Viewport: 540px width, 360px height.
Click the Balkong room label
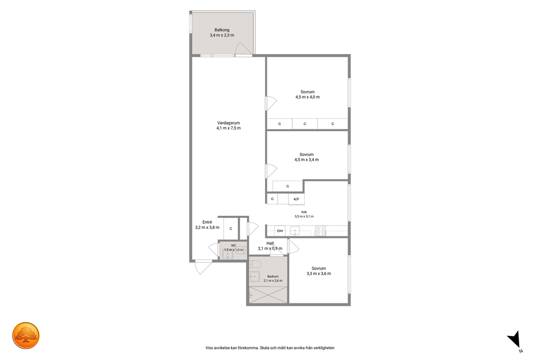(x=222, y=30)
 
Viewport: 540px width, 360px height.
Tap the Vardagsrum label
(x=228, y=123)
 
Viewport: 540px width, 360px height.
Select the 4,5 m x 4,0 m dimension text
(x=307, y=97)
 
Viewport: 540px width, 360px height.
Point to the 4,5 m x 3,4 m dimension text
(x=306, y=160)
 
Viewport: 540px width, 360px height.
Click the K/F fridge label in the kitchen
(x=297, y=199)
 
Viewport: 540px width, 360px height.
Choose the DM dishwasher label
(x=280, y=231)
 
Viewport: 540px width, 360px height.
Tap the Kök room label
(x=304, y=212)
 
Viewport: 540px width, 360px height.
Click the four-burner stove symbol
(x=321, y=230)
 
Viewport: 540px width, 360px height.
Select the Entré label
(x=207, y=222)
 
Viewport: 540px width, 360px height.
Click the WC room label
(x=234, y=246)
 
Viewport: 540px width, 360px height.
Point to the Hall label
(x=270, y=243)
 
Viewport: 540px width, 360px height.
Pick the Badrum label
(x=273, y=276)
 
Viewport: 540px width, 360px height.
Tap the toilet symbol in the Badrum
(x=255, y=264)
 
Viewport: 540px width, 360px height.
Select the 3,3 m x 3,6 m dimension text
(x=318, y=274)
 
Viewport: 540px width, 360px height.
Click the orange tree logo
(x=26, y=335)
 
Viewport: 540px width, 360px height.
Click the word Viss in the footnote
(x=209, y=348)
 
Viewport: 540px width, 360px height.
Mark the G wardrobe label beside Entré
(x=231, y=228)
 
